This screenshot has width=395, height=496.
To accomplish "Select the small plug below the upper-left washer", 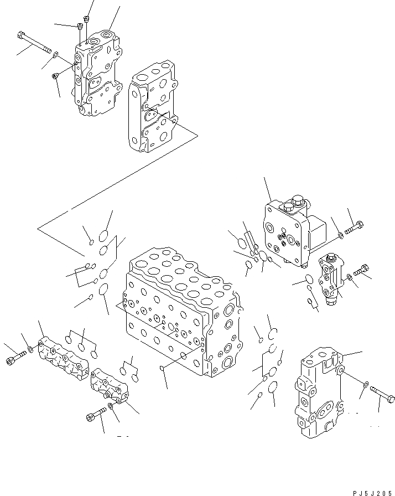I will [x=55, y=76].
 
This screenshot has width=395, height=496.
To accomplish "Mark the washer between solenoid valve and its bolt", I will [x=341, y=236].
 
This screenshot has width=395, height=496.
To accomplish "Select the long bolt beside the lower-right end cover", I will [x=381, y=394].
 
